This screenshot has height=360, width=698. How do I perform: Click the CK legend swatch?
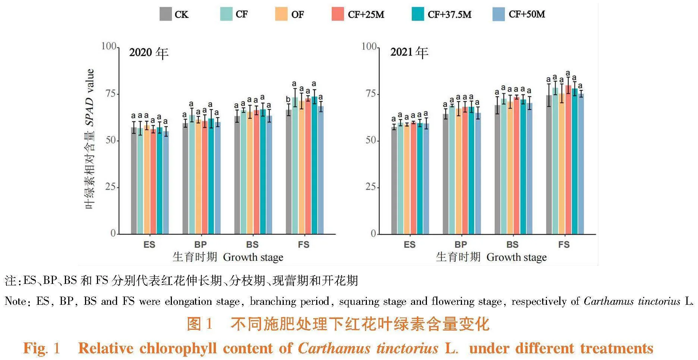[166, 14]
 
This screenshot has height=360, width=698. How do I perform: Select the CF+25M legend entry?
[358, 15]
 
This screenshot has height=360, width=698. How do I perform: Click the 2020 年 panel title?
[149, 53]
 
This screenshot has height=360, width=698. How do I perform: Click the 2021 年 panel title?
[409, 52]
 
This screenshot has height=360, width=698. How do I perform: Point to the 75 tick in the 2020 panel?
[111, 94]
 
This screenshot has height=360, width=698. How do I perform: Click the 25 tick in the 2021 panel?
[371, 187]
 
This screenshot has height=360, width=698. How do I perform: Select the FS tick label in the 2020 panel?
[304, 245]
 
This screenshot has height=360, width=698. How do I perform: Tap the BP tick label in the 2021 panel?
[461, 245]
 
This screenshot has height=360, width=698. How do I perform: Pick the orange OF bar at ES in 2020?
[147, 183]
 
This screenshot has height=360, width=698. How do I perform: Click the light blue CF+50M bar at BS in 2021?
[529, 172]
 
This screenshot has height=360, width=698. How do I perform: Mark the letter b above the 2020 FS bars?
[288, 99]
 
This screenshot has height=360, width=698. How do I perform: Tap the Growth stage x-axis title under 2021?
[516, 257]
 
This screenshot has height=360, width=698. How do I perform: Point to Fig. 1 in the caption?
[41, 348]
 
